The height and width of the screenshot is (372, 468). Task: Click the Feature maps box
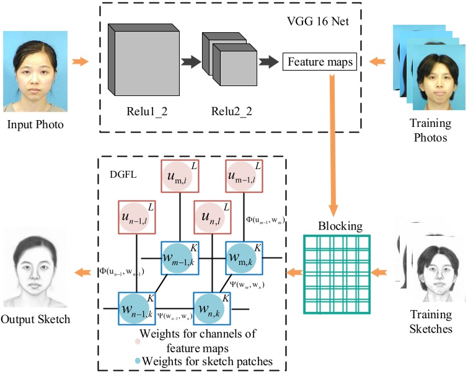[319, 62]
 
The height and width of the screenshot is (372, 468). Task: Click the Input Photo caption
[35, 124]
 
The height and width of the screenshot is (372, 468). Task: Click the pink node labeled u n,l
[214, 217]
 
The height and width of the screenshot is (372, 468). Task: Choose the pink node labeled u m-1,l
[246, 179]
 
